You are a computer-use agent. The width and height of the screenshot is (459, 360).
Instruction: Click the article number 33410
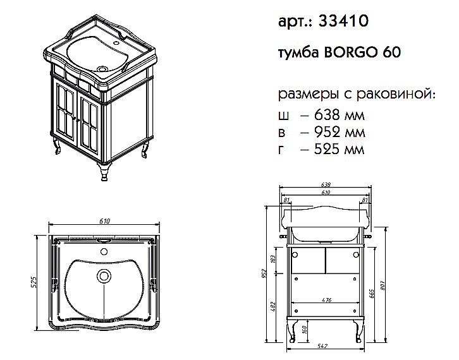(x=342, y=21)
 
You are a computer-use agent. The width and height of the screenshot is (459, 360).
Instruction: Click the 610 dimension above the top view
(x=105, y=221)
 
